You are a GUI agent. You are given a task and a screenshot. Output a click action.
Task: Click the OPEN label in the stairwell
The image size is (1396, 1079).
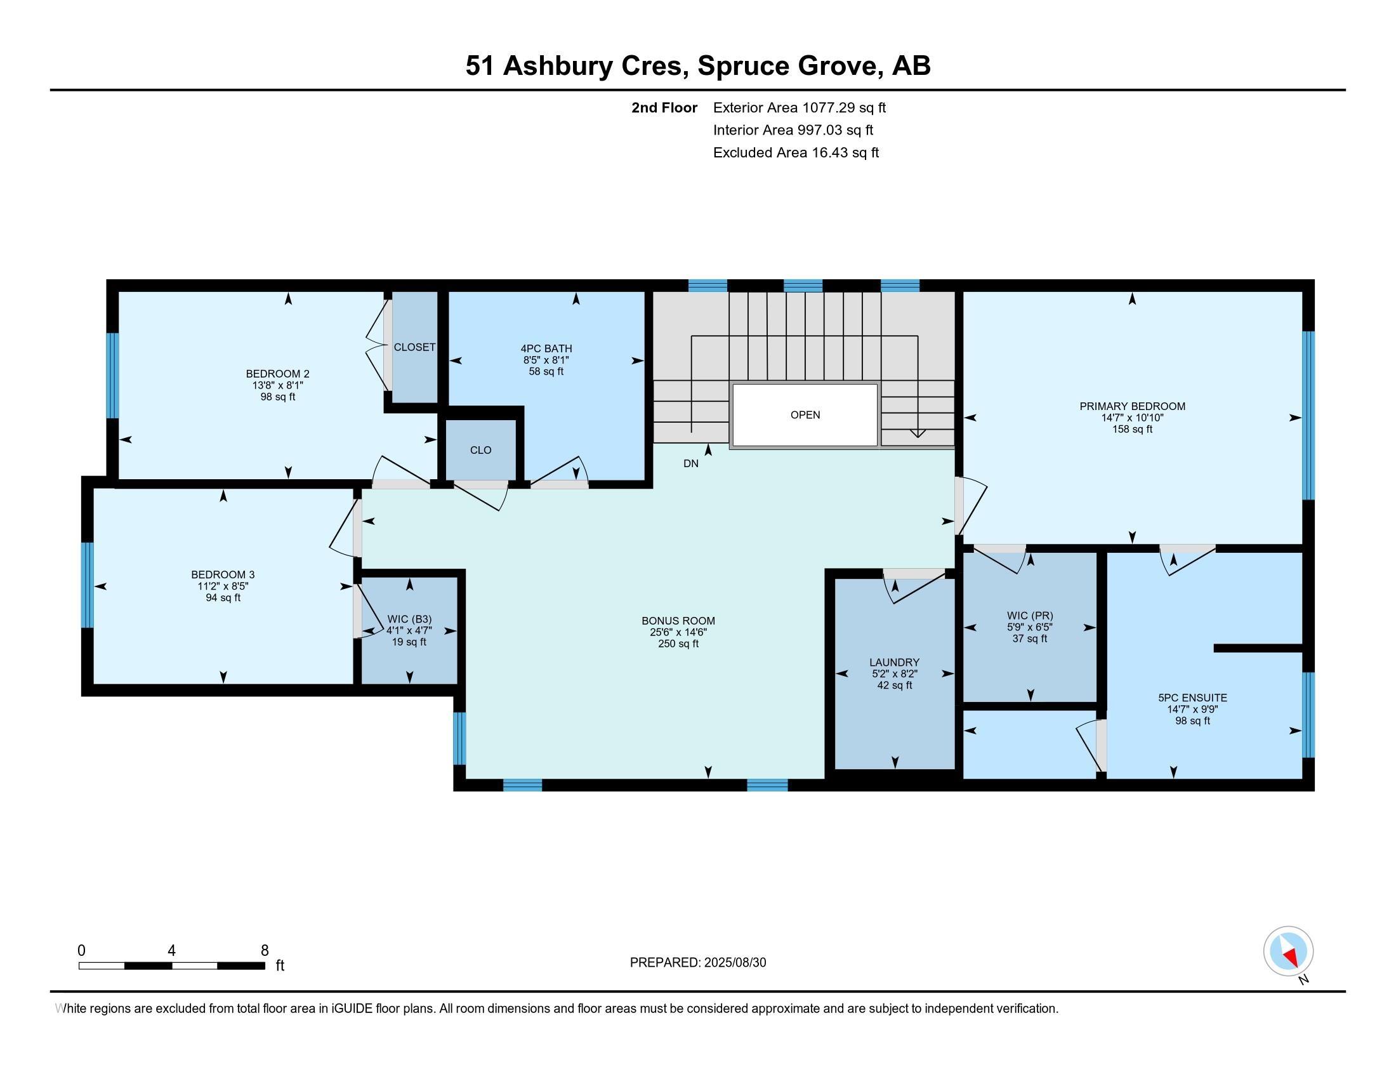point(805,415)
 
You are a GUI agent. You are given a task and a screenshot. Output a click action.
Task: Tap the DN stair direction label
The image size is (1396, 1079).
point(690,463)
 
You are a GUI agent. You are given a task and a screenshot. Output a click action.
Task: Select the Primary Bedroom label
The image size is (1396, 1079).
point(1132,406)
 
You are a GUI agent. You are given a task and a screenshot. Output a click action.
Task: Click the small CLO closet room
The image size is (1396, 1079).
point(481,450)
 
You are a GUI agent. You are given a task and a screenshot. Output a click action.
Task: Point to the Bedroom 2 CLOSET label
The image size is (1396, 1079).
point(414,347)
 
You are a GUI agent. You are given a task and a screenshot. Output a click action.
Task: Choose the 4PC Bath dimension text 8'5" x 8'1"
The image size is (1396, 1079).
point(546,360)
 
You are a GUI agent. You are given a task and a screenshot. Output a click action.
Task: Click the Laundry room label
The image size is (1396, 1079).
point(893,662)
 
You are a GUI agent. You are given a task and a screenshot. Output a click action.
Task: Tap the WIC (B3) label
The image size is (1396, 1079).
point(409,619)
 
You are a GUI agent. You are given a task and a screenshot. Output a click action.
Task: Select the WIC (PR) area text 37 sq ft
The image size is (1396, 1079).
point(1029,639)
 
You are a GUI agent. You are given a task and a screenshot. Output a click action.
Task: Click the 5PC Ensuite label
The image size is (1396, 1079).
point(1192,698)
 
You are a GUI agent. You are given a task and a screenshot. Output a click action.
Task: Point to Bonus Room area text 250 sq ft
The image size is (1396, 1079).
point(678,644)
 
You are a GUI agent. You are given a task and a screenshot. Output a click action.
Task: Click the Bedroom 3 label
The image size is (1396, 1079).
point(223,574)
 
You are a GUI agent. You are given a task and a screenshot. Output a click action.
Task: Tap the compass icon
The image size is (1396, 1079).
point(1288,951)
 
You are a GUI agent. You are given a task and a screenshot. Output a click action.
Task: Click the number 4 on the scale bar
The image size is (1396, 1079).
point(171,951)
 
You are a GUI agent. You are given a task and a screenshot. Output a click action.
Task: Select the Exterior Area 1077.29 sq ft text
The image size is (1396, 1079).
point(799,107)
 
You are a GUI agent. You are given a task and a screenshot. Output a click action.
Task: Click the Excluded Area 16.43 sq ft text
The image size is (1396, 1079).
point(796,153)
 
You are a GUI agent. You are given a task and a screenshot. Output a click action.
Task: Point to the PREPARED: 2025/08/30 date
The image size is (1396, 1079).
point(697,963)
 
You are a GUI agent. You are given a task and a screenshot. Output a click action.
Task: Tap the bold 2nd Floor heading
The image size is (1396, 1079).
point(664,107)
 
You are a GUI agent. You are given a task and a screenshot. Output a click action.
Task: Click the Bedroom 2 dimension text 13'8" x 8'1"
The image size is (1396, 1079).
point(277,385)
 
